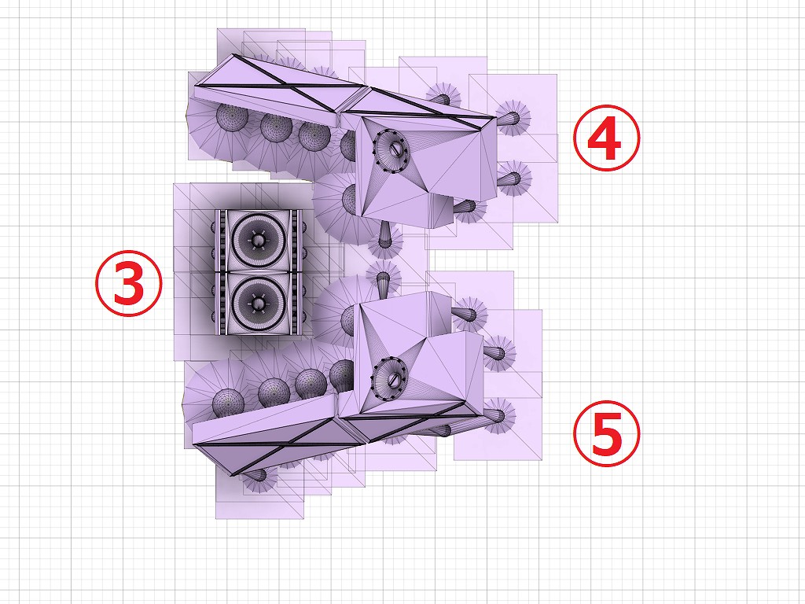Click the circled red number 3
[129, 283]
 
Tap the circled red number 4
[607, 138]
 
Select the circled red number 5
[607, 433]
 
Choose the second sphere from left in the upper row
[276, 127]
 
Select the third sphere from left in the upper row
[314, 135]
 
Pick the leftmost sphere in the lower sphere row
[229, 402]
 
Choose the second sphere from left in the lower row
[274, 393]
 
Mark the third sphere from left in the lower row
[311, 383]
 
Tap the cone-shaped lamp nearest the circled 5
[497, 415]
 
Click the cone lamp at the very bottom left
[256, 475]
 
